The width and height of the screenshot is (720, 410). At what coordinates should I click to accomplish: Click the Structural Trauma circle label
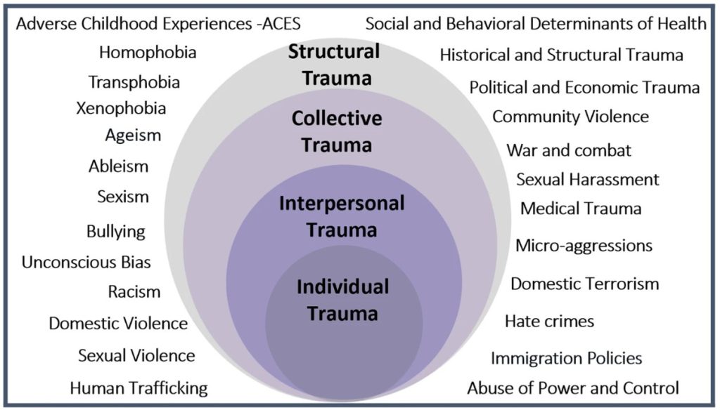[x=335, y=65]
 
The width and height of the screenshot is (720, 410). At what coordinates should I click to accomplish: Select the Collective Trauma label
[x=337, y=131]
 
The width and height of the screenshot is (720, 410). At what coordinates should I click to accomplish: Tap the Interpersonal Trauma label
[x=342, y=216]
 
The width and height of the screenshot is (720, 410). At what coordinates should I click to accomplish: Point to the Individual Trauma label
[x=342, y=300]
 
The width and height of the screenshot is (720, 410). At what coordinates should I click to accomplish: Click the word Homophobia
[x=148, y=52]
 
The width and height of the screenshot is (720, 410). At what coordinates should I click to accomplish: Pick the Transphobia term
[x=134, y=82]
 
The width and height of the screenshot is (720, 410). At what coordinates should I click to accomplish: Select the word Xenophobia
[x=121, y=109]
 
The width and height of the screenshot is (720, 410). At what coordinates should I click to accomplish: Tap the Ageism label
[x=133, y=134]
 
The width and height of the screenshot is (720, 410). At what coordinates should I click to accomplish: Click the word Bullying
[x=116, y=231]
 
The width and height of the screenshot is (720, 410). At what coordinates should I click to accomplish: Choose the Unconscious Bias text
[x=86, y=263]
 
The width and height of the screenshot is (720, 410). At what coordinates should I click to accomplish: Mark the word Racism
[x=134, y=291]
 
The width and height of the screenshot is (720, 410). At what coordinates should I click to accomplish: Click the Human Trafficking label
[x=139, y=388]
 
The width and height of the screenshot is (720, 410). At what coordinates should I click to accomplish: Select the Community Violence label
[x=570, y=116]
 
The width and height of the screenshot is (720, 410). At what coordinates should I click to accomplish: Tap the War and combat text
[x=569, y=150]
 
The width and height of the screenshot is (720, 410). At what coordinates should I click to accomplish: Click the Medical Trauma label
[x=581, y=209]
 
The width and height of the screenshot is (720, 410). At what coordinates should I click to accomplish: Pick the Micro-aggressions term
[x=584, y=246]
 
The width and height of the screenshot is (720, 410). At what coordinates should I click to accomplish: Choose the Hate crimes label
[x=549, y=321]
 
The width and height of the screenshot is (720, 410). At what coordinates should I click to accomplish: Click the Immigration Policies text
[x=566, y=358]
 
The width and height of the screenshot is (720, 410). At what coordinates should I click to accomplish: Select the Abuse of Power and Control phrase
[x=573, y=388]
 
